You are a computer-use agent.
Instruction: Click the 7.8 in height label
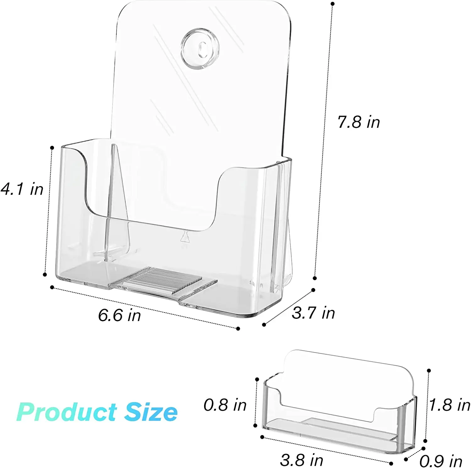tap(359, 122)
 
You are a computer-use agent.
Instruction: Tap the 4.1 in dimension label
tap(22, 189)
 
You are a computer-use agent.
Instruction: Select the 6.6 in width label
tap(119, 315)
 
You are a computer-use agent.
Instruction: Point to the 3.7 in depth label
tap(313, 313)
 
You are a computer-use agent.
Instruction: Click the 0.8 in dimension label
tap(225, 405)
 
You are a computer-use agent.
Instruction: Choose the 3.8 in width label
tap(301, 460)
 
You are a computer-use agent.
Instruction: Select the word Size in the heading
tap(151, 412)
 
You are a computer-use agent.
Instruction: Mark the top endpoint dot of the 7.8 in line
tap(333, 4)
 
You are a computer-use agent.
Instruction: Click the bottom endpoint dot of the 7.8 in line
tap(315, 278)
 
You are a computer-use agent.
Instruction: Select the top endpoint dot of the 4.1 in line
tap(52, 147)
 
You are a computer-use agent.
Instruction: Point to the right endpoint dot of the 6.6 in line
tap(238, 329)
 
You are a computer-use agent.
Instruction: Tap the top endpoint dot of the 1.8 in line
tap(429, 371)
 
